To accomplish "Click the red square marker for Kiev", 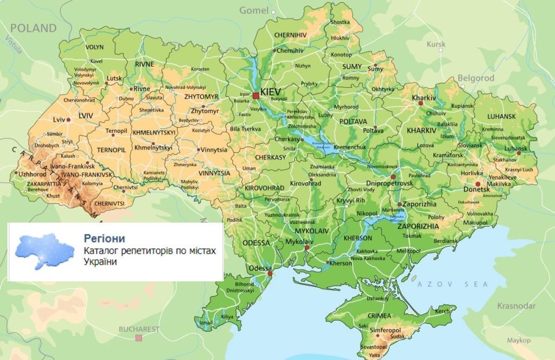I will coord(256,95).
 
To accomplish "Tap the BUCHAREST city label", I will coord(139,329).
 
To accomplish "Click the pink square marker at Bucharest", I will coord(138,338).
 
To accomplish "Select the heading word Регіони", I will coord(105,238).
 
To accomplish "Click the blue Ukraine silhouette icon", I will coord(44,251).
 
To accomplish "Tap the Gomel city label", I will coord(253,10).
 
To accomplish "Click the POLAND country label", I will coord(33,28).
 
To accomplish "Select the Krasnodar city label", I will coord(516,306).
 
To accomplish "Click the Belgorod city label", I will coord(476,78).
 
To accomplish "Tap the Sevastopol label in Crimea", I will coord(373,347).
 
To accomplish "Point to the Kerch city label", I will coord(442,311).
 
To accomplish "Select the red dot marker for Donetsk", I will coord(478,184).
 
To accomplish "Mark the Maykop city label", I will coord(518,340).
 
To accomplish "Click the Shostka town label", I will coord(340,22).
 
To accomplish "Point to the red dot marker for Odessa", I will coord(270,273).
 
